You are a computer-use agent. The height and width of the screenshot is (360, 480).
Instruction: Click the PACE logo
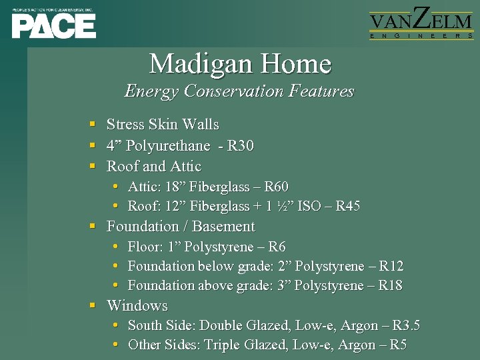[53, 24]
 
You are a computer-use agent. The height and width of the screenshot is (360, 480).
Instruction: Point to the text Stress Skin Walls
[163, 125]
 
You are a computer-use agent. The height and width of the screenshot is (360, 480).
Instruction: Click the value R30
[241, 146]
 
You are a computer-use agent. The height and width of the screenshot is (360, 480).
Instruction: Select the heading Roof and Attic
[153, 167]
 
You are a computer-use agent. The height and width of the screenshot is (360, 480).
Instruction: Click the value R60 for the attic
[276, 187]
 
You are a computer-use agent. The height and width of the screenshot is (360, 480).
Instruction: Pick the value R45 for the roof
[347, 206]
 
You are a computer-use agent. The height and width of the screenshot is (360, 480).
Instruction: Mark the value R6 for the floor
[277, 247]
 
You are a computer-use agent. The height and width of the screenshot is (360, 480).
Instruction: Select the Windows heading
[137, 306]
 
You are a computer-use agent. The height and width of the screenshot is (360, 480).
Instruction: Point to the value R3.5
[406, 326]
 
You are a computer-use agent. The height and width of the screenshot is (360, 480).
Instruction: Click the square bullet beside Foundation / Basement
[93, 227]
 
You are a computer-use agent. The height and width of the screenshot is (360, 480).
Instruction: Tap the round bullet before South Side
[116, 326]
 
